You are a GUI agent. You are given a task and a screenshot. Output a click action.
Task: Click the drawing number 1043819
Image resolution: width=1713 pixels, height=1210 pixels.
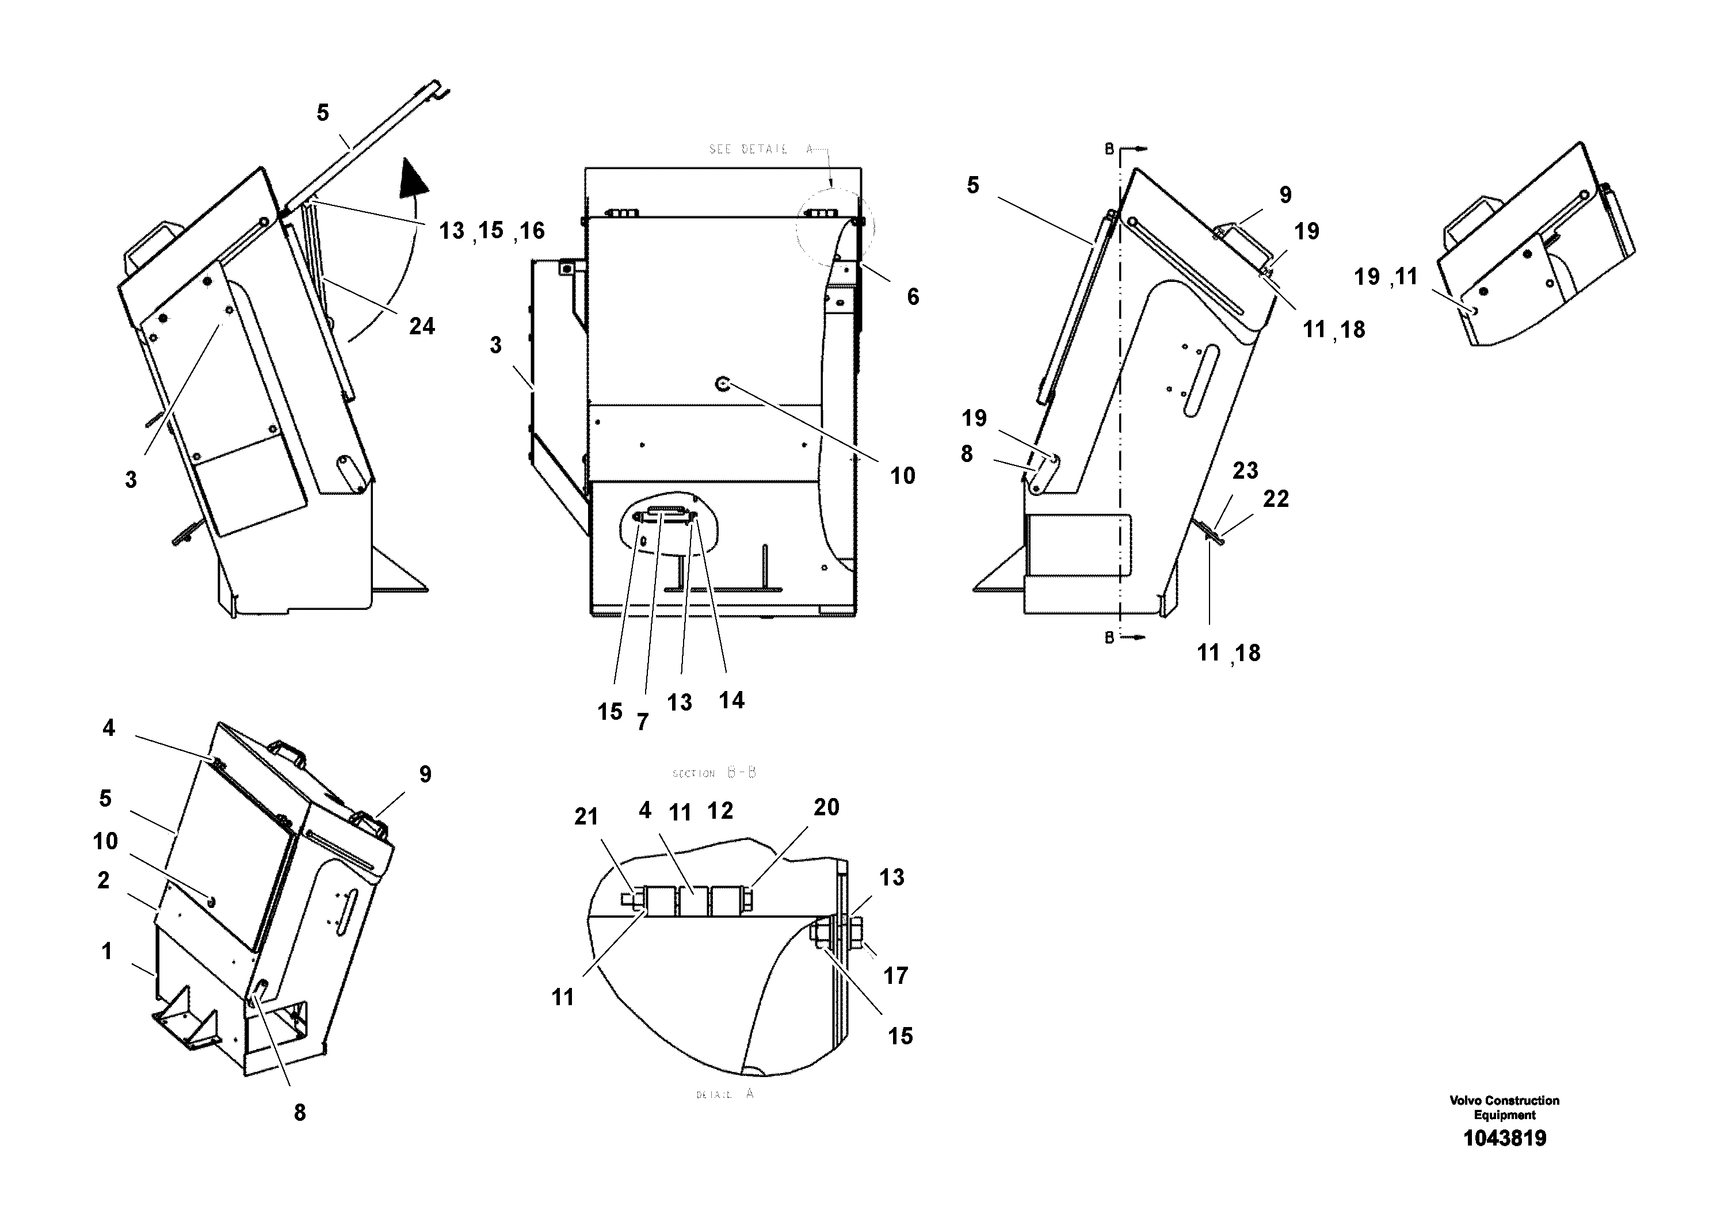click(x=1504, y=1139)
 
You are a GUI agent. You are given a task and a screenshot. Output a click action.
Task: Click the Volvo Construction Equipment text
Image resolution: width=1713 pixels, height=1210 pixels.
click(x=1504, y=1107)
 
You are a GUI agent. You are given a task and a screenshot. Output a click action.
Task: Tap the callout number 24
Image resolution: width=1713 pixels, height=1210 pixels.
click(x=422, y=326)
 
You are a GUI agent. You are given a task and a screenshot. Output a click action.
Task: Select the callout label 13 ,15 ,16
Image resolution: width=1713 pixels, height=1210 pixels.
click(x=491, y=231)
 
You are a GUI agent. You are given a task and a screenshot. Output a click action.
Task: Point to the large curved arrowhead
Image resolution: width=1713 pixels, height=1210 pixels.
click(x=415, y=178)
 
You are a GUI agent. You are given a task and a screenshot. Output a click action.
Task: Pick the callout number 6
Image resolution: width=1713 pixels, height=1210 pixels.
click(x=913, y=297)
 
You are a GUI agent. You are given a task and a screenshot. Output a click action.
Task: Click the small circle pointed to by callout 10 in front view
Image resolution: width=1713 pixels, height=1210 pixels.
click(x=722, y=384)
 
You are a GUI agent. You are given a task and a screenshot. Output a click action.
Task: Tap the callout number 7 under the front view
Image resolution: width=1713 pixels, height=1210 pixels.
click(x=642, y=722)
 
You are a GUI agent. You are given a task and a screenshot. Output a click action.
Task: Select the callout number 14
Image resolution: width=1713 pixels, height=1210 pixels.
click(x=731, y=700)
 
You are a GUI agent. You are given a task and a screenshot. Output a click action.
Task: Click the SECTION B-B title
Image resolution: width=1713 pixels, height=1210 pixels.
click(x=714, y=773)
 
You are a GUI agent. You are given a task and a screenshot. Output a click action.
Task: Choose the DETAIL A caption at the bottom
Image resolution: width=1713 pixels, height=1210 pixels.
click(x=724, y=1094)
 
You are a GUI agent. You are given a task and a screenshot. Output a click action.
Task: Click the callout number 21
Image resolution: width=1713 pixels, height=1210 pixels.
click(x=586, y=817)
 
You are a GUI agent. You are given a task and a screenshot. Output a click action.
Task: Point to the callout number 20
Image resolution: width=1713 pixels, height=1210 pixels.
click(x=826, y=807)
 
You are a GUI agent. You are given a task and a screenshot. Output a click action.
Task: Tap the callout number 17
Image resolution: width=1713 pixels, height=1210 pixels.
click(x=895, y=975)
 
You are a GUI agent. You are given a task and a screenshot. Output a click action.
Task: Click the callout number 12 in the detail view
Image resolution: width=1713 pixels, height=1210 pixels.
click(x=720, y=811)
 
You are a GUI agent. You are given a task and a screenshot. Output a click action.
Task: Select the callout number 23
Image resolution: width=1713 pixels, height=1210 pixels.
click(x=1245, y=471)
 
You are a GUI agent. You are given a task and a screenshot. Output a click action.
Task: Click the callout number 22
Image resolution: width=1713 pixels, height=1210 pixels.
click(x=1275, y=498)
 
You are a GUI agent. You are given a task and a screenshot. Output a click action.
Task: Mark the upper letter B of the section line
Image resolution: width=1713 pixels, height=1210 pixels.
click(x=1109, y=149)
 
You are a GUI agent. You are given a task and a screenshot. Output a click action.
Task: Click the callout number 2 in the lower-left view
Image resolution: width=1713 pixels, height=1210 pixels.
click(x=104, y=880)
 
